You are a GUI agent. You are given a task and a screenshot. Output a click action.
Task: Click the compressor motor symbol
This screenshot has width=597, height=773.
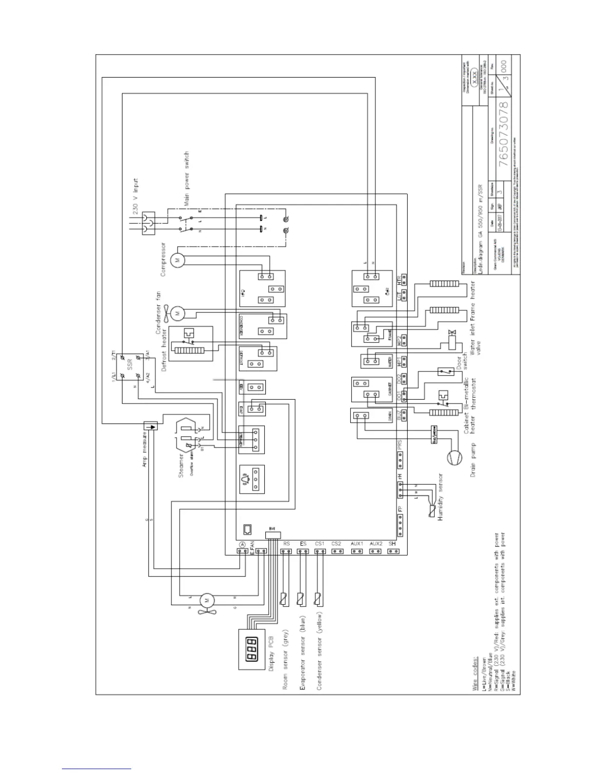(178, 260)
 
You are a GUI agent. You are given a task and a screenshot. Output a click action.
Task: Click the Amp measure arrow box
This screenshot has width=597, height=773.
(152, 426)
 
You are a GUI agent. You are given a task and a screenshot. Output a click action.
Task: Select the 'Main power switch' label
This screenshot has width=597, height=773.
(186, 178)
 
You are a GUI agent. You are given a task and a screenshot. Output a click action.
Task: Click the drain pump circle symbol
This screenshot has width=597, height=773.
(453, 458)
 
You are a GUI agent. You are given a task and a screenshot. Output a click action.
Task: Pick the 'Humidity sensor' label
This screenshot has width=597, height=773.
(440, 497)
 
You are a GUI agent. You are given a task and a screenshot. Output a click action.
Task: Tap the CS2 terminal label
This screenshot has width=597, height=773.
(336, 544)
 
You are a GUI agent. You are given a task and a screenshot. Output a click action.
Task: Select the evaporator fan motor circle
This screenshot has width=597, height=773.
(206, 599)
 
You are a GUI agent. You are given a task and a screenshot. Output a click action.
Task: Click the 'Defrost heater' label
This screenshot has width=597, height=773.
(164, 349)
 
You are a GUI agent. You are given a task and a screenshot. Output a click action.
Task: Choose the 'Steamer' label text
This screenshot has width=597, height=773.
(181, 466)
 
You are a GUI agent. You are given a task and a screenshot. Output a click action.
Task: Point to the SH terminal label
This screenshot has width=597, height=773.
(392, 544)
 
